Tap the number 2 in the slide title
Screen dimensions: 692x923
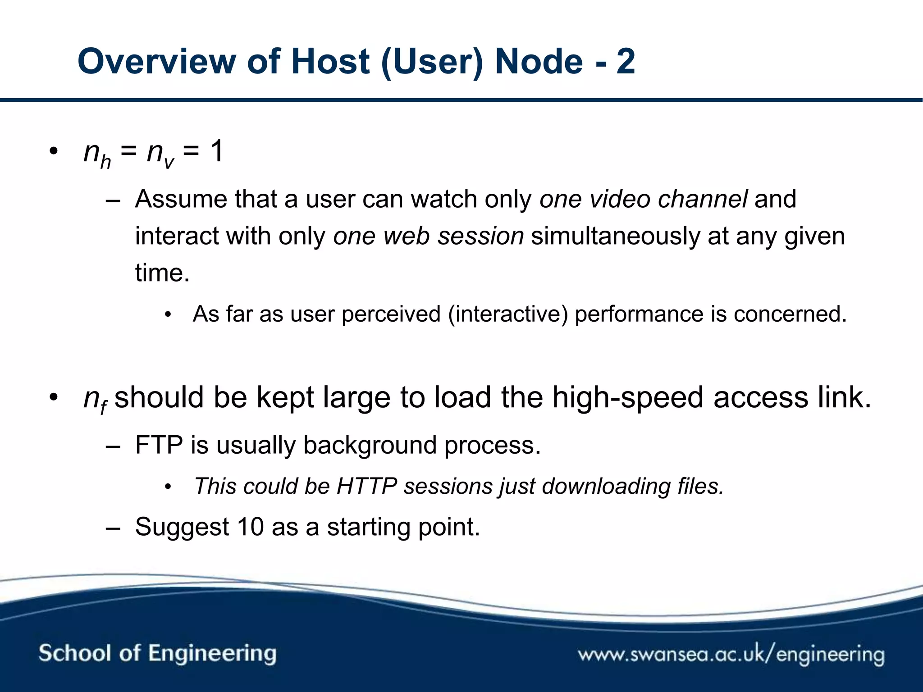[626, 62]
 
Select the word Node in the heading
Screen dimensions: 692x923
[539, 62]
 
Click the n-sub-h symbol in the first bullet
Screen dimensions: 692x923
[97, 154]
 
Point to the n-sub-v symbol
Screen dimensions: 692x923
[160, 154]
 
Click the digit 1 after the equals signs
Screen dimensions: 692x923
[217, 151]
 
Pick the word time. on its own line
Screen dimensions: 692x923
[162, 273]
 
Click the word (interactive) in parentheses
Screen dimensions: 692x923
[508, 314]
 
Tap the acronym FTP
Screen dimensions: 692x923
[159, 445]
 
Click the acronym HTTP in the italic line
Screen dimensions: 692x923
[366, 487]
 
